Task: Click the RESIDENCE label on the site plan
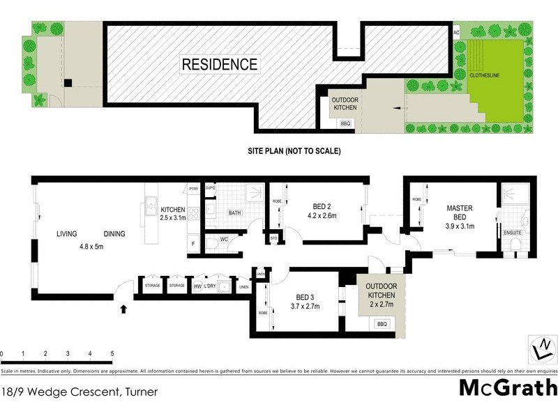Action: pos(220,65)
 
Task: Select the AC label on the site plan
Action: pos(457,32)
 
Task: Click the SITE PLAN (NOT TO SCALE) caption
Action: pos(294,150)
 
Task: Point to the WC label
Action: pos(225,240)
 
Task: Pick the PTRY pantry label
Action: pos(195,189)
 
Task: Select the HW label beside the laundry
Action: pos(197,286)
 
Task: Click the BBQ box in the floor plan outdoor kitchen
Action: pos(382,324)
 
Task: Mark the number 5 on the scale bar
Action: pos(112,355)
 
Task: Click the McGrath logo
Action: pos(507,388)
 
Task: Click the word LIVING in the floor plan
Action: pos(67,234)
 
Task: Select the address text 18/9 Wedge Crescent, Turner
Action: pos(79,392)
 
